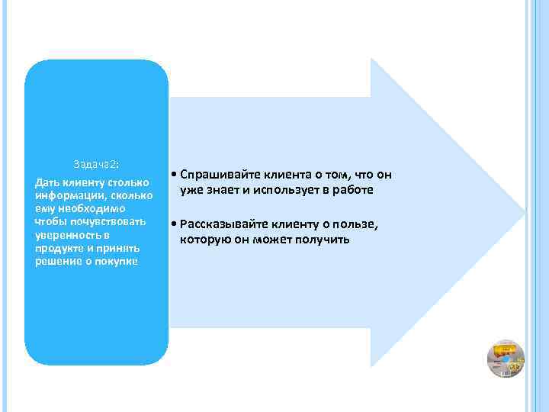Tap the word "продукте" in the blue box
[59, 248]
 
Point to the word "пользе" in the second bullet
[358, 225]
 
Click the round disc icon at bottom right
[505, 358]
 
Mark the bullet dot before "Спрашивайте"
[175, 175]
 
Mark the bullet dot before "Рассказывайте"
[175, 226]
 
